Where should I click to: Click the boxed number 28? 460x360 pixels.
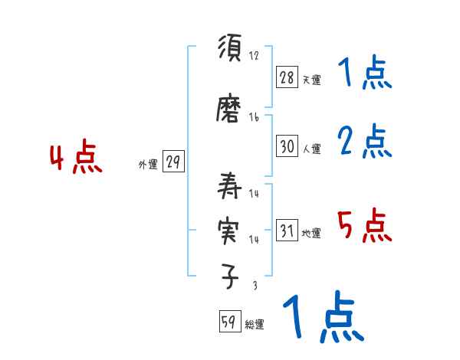click(x=287, y=77)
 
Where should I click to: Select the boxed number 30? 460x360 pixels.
click(x=287, y=146)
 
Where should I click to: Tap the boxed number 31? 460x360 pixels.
click(x=287, y=231)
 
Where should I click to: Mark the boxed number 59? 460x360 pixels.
click(x=228, y=322)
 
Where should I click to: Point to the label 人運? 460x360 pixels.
click(x=311, y=149)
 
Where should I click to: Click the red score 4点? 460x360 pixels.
click(x=75, y=159)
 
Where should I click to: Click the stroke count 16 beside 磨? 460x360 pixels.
click(x=254, y=118)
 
